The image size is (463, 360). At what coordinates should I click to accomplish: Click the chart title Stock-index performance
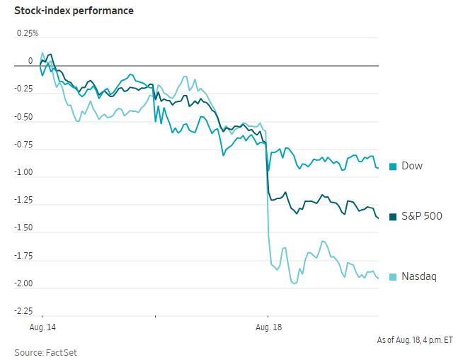click(74, 11)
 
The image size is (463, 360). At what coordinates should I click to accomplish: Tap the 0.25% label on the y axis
click(28, 33)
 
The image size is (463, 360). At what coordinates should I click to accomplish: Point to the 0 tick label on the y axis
click(30, 61)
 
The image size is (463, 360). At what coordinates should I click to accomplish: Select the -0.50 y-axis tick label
click(23, 117)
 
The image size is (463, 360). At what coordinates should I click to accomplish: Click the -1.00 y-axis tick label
click(23, 172)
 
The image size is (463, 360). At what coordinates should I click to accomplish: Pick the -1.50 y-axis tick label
click(23, 228)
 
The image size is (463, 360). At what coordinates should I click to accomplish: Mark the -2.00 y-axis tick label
click(23, 283)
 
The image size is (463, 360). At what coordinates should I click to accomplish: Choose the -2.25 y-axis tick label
click(23, 311)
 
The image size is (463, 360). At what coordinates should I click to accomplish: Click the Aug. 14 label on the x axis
click(42, 327)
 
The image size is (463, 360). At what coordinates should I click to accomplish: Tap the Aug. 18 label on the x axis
click(269, 327)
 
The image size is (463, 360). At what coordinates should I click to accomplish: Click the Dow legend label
click(412, 166)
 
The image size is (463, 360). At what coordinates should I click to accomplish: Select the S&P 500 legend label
click(422, 216)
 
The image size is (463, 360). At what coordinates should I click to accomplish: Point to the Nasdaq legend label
click(419, 276)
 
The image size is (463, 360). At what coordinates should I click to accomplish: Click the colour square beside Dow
click(393, 167)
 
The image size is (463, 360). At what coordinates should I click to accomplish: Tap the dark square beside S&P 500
click(393, 217)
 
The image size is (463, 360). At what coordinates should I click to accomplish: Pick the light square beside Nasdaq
click(393, 277)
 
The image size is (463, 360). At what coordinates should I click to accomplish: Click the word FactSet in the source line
click(61, 353)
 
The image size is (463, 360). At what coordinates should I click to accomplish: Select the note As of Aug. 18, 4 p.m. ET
click(415, 340)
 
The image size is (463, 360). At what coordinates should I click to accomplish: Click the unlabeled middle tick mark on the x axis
click(155, 317)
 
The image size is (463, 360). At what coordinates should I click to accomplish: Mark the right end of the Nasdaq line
click(378, 278)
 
